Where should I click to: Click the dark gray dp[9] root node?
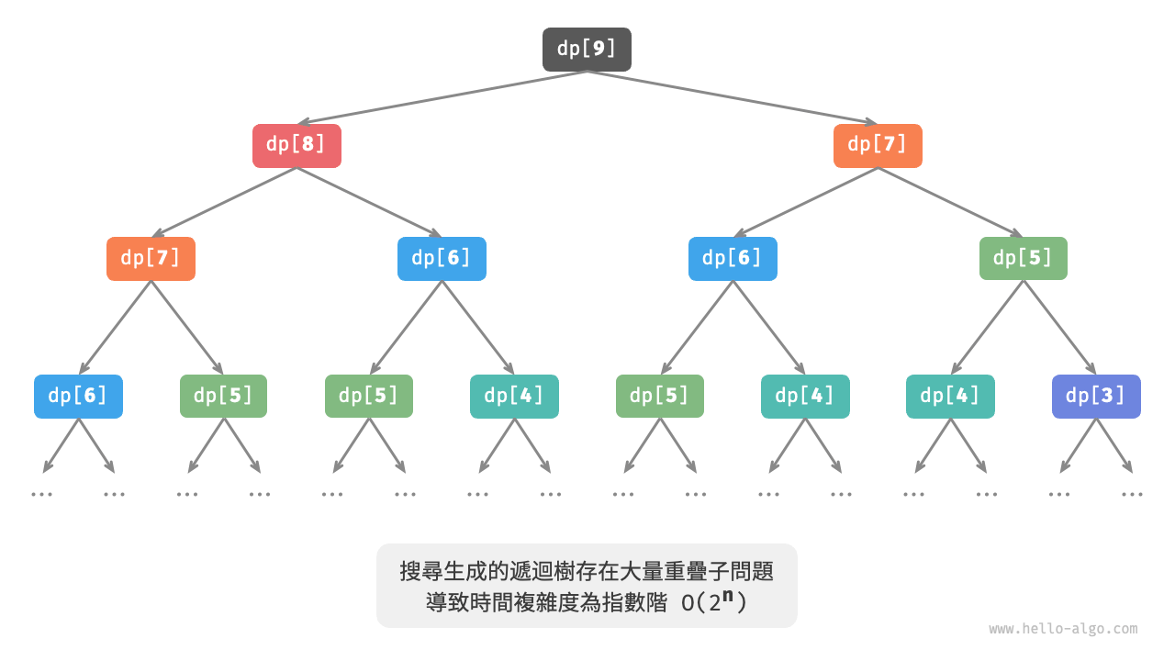click(587, 50)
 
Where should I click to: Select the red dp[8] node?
click(297, 145)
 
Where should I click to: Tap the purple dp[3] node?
click(1096, 397)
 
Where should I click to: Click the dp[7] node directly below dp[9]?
click(878, 145)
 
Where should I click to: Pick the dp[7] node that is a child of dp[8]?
click(151, 259)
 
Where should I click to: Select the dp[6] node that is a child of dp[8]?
click(442, 259)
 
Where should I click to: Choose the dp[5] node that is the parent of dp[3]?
click(1023, 259)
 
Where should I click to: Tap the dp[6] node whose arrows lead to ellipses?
click(78, 397)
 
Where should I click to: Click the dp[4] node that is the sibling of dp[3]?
click(950, 397)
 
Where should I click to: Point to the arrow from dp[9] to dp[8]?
click(441, 97)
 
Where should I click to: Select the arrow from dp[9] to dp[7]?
click(733, 97)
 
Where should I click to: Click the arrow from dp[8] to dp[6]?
click(369, 202)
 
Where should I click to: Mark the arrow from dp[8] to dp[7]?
click(224, 202)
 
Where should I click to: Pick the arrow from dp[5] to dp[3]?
click(1059, 327)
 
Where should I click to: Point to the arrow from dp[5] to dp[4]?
click(987, 327)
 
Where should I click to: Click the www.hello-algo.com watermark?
click(1063, 629)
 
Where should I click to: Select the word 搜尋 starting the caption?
click(420, 571)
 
